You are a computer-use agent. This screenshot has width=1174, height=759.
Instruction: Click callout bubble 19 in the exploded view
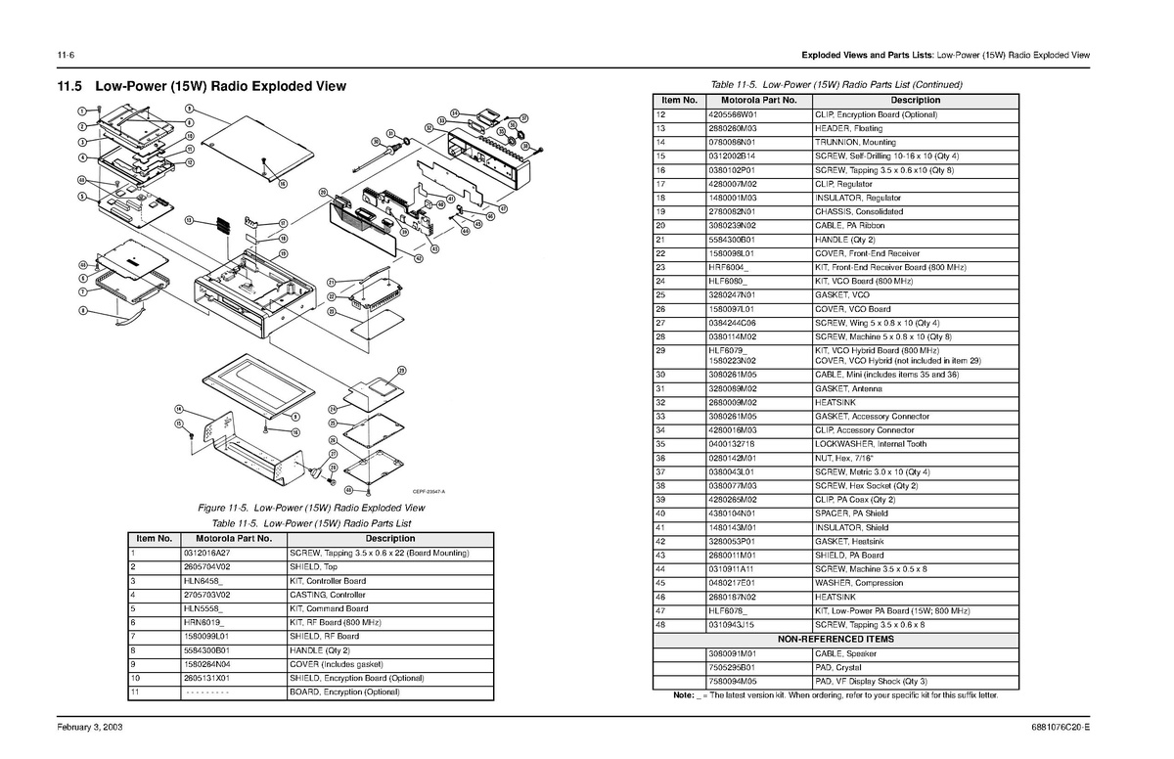click(x=283, y=253)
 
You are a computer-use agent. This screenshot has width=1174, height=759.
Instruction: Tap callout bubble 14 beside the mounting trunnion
click(x=179, y=408)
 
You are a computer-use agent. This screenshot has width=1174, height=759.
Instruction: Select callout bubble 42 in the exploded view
click(x=418, y=258)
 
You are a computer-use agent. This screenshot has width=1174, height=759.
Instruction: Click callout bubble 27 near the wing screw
click(x=333, y=454)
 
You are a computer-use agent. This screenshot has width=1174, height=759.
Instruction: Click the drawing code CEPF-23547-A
click(x=429, y=491)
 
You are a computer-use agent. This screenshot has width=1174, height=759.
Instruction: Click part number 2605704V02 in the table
click(x=206, y=567)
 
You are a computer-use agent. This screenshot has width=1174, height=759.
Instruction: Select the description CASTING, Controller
click(x=328, y=595)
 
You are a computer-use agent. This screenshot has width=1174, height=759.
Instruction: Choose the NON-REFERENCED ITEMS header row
click(x=835, y=639)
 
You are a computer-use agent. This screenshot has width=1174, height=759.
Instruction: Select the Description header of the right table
click(x=915, y=100)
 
